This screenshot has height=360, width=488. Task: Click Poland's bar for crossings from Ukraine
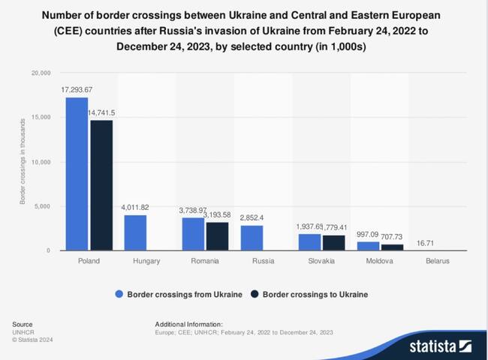tap(77, 174)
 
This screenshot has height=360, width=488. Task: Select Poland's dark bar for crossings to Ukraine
tap(101, 185)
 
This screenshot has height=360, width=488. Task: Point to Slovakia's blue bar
tap(309, 241)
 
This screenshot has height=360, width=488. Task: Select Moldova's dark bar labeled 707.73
tap(393, 247)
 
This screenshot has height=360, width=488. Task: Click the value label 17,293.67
tap(77, 90)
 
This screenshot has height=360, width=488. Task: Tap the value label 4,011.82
tap(135, 208)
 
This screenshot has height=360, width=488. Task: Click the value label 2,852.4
tap(253, 217)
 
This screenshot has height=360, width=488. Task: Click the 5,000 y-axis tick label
tap(41, 206)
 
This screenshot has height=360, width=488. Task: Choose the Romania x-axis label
tap(205, 261)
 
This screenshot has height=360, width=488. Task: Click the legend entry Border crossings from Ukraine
tap(179, 294)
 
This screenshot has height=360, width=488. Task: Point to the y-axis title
tap(23, 163)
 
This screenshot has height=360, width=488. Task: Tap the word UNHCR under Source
tap(23, 331)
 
